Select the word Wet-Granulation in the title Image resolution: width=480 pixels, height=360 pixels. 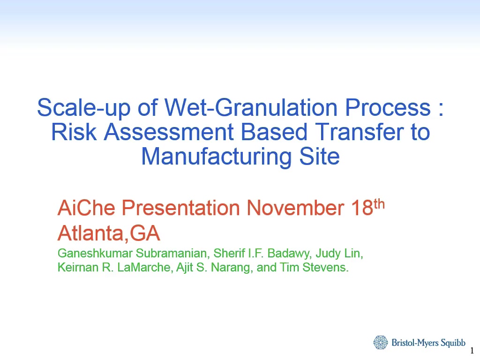(x=251, y=107)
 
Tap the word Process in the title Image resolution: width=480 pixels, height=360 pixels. (x=388, y=107)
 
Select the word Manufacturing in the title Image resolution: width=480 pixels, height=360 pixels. (x=216, y=157)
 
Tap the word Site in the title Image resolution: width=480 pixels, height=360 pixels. (x=319, y=157)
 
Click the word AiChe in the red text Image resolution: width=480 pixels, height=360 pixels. (x=86, y=208)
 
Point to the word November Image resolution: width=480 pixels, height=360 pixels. (x=295, y=208)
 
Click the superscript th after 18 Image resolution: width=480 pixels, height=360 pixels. (x=379, y=204)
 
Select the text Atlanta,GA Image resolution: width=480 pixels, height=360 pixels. (x=109, y=233)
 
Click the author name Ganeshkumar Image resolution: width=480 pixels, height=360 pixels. (x=95, y=253)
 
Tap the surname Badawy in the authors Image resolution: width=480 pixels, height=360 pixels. (x=289, y=254)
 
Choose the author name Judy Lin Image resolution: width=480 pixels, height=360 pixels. (x=339, y=254)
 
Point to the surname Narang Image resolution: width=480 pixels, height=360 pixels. (x=232, y=268)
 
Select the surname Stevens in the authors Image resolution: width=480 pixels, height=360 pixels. (x=325, y=267)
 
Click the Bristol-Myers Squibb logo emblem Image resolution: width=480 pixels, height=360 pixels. (x=381, y=342)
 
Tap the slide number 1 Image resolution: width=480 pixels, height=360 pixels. (x=472, y=351)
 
